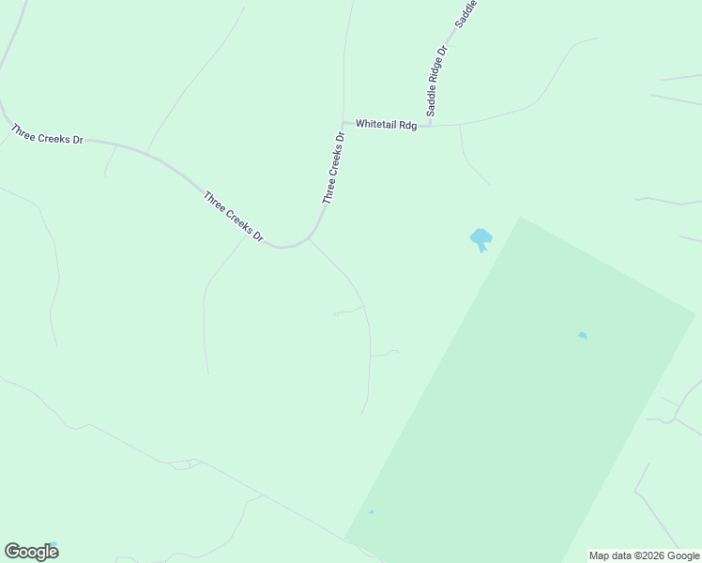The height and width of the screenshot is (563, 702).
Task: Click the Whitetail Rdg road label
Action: click(x=386, y=125)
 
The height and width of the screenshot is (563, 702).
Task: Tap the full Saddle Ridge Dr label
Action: click(x=436, y=81)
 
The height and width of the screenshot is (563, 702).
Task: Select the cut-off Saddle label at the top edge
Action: click(x=465, y=12)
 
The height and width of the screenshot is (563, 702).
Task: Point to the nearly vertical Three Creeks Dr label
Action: click(x=334, y=168)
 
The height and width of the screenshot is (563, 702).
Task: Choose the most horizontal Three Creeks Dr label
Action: click(x=48, y=133)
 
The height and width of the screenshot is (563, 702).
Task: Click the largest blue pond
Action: click(x=481, y=237)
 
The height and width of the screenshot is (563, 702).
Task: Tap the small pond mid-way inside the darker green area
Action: click(x=583, y=335)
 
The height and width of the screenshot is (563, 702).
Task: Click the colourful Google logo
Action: click(x=31, y=552)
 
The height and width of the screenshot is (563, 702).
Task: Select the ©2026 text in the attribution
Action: click(x=649, y=556)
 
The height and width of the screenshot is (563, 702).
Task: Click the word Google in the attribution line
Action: click(x=683, y=556)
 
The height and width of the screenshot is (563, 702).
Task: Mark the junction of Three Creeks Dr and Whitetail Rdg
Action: click(x=343, y=123)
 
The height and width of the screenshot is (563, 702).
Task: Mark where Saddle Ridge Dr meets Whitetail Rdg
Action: click(x=430, y=124)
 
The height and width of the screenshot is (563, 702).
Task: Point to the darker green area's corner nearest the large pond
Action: click(x=520, y=218)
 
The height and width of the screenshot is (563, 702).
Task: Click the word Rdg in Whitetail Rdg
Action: click(x=406, y=125)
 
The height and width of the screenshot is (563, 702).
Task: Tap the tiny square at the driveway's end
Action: click(x=336, y=313)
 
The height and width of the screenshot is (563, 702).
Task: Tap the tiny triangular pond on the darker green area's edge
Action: click(x=372, y=511)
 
